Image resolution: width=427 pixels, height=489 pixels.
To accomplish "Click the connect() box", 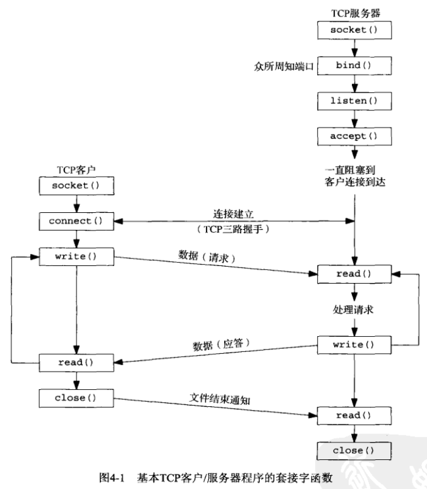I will click(76, 222).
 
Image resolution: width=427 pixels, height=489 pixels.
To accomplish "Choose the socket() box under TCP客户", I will click(76, 186).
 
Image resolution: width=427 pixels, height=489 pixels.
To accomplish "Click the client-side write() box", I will click(76, 257).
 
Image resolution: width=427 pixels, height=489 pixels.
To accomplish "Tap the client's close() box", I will click(76, 398).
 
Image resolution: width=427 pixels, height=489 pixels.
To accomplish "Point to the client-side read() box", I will click(76, 363).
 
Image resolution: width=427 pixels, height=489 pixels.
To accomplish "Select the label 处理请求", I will click(354, 310).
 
